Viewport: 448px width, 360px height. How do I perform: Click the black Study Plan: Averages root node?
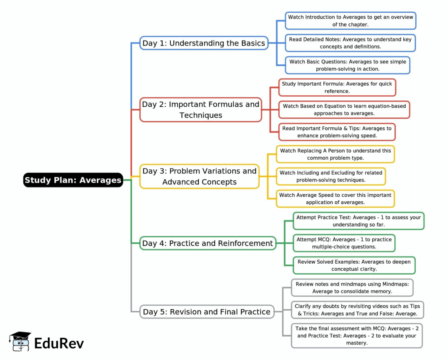pyautogui.click(x=73, y=180)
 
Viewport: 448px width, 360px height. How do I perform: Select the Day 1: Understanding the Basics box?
pyautogui.click(x=203, y=43)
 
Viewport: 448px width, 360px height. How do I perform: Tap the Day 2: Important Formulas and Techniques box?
pyautogui.click(x=200, y=109)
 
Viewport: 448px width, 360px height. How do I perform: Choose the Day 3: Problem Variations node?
pyautogui.click(x=199, y=176)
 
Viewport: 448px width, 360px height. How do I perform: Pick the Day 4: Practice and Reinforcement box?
pyautogui.click(x=208, y=243)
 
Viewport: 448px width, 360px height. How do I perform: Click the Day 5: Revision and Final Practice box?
pyautogui.click(x=206, y=312)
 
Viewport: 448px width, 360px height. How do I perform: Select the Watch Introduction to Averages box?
pyautogui.click(x=350, y=21)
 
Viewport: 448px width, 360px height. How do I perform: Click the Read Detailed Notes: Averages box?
pyautogui.click(x=350, y=43)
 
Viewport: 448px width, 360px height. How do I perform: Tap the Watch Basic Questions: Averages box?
pyautogui.click(x=347, y=65)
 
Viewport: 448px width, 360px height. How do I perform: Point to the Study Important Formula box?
pyautogui.click(x=337, y=87)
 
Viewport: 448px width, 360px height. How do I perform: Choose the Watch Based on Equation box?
pyautogui.click(x=344, y=109)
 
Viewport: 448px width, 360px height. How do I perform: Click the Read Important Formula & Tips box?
pyautogui.click(x=337, y=132)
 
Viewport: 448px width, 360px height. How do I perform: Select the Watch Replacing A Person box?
pyautogui.click(x=335, y=154)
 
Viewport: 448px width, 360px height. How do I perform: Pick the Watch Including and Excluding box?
pyautogui.click(x=331, y=176)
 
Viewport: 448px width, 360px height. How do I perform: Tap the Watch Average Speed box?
pyautogui.click(x=335, y=199)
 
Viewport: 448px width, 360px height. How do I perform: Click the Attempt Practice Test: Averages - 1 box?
pyautogui.click(x=358, y=221)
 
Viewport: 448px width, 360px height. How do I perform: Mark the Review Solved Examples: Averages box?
pyautogui.click(x=354, y=265)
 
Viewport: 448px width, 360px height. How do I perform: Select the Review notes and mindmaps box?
pyautogui.click(x=352, y=287)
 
